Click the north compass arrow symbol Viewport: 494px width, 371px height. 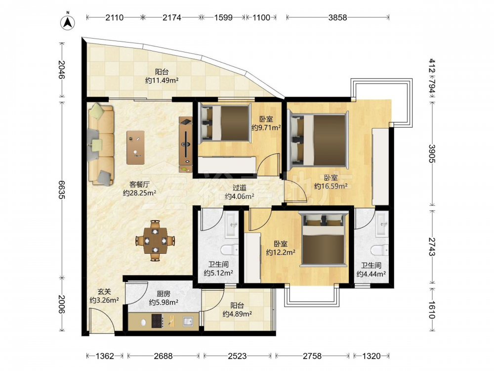(68, 21)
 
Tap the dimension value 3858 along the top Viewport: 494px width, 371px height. (338, 17)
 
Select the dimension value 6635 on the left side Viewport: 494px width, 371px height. (61, 189)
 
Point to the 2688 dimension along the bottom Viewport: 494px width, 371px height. (163, 356)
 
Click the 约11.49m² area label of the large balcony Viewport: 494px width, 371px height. (162, 80)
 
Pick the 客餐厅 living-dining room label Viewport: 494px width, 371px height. (139, 184)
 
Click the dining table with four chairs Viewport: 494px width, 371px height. (155, 241)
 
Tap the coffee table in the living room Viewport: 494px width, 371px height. (135, 147)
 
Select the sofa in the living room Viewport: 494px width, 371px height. (101, 145)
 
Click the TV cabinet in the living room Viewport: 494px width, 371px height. (186, 144)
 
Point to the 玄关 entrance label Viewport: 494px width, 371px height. (104, 292)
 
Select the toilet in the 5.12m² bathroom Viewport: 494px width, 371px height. (230, 250)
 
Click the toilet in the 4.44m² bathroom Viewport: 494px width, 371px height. (379, 250)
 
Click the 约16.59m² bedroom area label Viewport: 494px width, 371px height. (331, 186)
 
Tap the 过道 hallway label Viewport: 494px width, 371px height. (240, 187)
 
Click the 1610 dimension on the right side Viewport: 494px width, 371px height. (431, 310)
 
